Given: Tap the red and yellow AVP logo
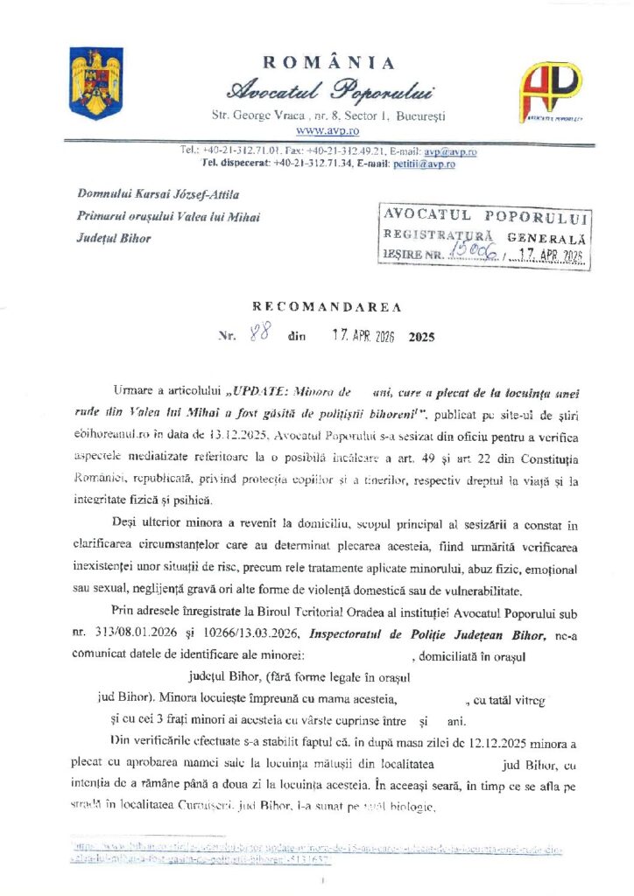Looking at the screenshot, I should tap(551, 88).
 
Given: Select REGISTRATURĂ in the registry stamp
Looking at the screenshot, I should tap(439, 235).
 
